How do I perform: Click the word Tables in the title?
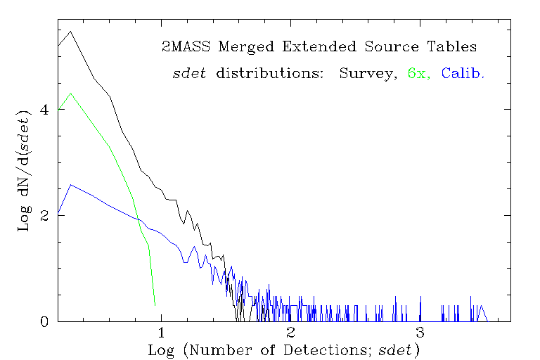(453, 47)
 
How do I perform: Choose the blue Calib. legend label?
(463, 73)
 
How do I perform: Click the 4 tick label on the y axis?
(44, 110)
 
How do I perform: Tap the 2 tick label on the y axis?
(44, 215)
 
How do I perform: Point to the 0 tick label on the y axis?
(44, 321)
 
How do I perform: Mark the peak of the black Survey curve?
(70, 32)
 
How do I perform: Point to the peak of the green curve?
(70, 93)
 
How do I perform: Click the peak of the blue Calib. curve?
(70, 184)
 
